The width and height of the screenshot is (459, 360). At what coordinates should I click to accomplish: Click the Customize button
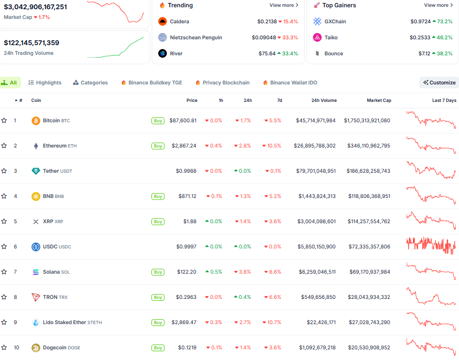tap(439, 82)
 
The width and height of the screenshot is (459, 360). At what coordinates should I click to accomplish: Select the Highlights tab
tap(45, 82)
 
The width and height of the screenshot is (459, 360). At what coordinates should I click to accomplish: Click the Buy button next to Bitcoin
tap(158, 120)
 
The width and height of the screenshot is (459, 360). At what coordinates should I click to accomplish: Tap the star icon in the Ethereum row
tap(4, 146)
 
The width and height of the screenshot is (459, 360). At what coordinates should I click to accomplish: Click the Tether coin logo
tap(36, 171)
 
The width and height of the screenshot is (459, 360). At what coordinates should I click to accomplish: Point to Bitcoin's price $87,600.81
tap(183, 120)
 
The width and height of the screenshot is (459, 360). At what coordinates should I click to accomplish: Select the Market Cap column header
tap(379, 100)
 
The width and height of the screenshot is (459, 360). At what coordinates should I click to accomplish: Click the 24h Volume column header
tap(324, 100)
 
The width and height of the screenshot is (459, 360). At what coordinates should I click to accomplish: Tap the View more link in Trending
tap(284, 5)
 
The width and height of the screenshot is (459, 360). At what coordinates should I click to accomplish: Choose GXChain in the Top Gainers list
tap(335, 21)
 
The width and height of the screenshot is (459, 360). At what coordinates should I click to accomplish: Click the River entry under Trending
tap(176, 53)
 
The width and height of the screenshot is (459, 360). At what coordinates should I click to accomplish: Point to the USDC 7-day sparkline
tap(431, 246)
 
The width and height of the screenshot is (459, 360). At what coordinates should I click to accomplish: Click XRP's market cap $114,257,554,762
tap(369, 221)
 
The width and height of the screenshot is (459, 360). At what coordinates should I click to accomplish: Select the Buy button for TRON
tap(158, 297)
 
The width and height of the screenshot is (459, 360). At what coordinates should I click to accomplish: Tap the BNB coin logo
tap(36, 196)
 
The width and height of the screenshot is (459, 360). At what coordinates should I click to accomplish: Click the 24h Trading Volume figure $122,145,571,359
tap(32, 43)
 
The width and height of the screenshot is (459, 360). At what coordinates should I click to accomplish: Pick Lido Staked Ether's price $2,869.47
tap(184, 322)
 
